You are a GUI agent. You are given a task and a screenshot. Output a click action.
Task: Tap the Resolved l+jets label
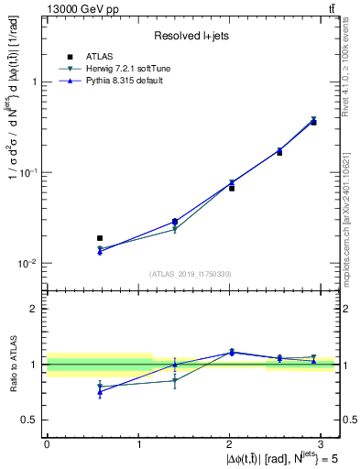pos(190,36)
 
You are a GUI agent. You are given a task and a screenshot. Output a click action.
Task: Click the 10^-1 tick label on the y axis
pos(26,172)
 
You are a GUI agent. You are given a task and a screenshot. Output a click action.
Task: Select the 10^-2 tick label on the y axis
pos(26,263)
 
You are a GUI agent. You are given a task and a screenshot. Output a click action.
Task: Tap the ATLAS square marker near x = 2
pos(232,188)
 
